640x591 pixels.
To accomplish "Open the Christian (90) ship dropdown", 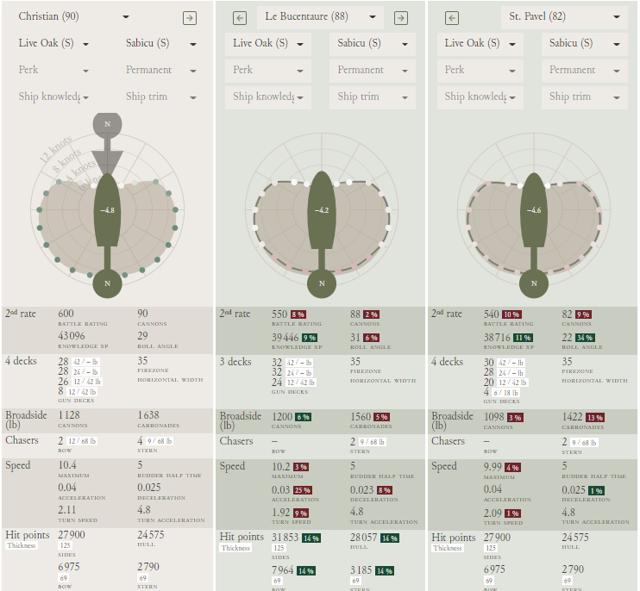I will (73, 17).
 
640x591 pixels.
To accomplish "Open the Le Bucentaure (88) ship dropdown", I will (319, 17).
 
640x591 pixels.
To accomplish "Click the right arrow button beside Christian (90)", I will (190, 18).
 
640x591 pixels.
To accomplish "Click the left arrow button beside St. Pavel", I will (453, 18).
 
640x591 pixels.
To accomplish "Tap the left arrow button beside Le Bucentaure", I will (241, 18).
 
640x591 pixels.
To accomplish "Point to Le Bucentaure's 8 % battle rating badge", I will (298, 315).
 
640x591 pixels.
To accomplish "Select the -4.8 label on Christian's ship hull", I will (107, 210).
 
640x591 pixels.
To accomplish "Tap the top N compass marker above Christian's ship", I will (107, 124).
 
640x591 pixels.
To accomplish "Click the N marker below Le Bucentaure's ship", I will (321, 283).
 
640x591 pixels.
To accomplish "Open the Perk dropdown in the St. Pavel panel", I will (483, 70).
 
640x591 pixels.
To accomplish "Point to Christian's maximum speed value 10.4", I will (68, 465).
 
